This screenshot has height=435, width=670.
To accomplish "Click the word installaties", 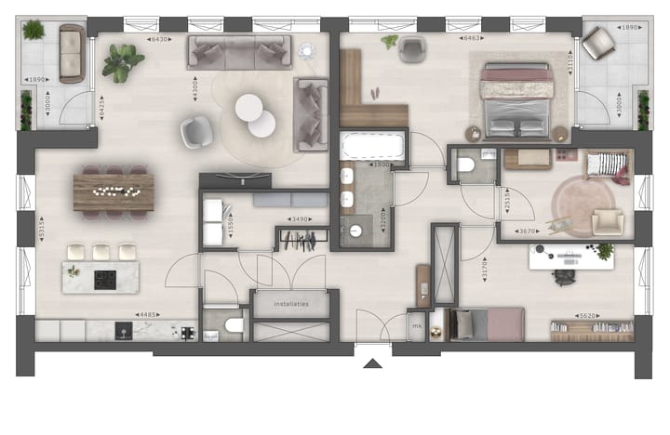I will coord(290,304).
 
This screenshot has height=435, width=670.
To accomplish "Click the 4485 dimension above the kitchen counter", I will coord(148,315).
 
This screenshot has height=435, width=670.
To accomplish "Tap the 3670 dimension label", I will coord(529,231).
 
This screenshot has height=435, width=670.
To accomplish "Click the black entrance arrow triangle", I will coord(372,362).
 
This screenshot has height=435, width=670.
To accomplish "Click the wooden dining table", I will coord(113,191).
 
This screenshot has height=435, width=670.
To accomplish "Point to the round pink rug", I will coord(583,205).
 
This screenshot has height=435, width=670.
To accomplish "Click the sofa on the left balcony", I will coord(72,54).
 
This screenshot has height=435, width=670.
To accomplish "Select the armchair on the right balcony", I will coord(600,42).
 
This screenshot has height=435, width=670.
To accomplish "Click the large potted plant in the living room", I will coord(123,63).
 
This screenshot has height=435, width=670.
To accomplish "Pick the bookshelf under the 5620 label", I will coord(589,329).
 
